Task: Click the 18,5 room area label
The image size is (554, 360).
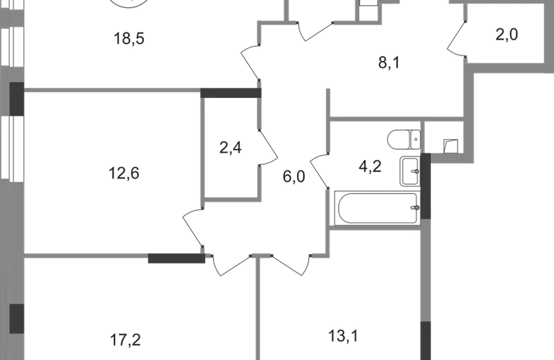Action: pos(129,38)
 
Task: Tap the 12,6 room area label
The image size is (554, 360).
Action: pos(124,174)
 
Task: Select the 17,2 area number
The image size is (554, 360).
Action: pos(125,340)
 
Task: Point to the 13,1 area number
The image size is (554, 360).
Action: pos(343,336)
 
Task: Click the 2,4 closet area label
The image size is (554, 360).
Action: pos(230,148)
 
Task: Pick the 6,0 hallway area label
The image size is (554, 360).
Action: pos(294,176)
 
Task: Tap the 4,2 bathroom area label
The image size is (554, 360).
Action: pos(370,166)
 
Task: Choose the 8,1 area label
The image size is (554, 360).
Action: pos(389,63)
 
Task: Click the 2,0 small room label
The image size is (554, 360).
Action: pos(507,35)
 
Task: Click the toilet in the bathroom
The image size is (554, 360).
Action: pos(404,140)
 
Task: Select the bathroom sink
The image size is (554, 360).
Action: pos(410,171)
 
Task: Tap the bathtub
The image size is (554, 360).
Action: pos(377,208)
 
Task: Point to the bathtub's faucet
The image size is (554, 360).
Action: pos(416,208)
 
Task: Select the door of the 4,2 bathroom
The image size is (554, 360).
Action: pos(319,171)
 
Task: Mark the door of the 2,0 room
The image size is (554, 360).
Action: pos(456,38)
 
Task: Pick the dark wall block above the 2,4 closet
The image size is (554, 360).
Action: pos(231,93)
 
